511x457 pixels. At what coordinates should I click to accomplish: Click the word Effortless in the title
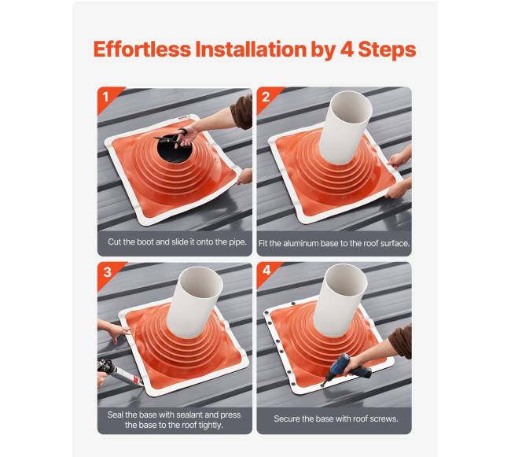pyautogui.click(x=142, y=49)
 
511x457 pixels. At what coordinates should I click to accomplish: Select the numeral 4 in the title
pyautogui.click(x=347, y=50)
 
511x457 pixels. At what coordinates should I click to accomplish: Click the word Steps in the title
pyautogui.click(x=387, y=50)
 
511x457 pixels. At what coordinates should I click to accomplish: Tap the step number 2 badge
pyautogui.click(x=266, y=97)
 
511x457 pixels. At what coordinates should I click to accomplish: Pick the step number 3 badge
pyautogui.click(x=107, y=272)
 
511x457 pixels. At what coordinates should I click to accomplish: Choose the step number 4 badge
pyautogui.click(x=267, y=271)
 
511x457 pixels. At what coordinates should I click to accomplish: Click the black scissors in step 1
pyautogui.click(x=171, y=138)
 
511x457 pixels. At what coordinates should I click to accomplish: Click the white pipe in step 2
pyautogui.click(x=345, y=127)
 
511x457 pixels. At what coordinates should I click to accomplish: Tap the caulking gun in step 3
pyautogui.click(x=119, y=372)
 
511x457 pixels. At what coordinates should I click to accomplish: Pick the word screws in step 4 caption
pyautogui.click(x=386, y=419)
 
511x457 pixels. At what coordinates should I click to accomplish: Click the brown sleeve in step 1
pyautogui.click(x=242, y=112)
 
